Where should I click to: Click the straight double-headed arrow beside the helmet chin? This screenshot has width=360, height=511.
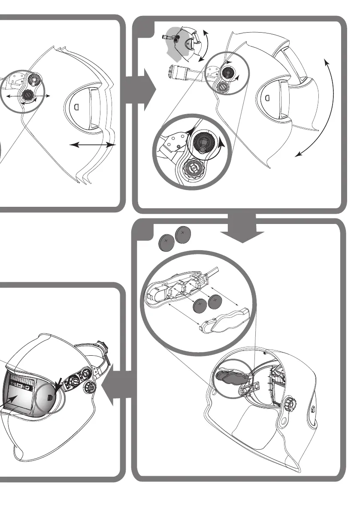pos(93,145)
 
